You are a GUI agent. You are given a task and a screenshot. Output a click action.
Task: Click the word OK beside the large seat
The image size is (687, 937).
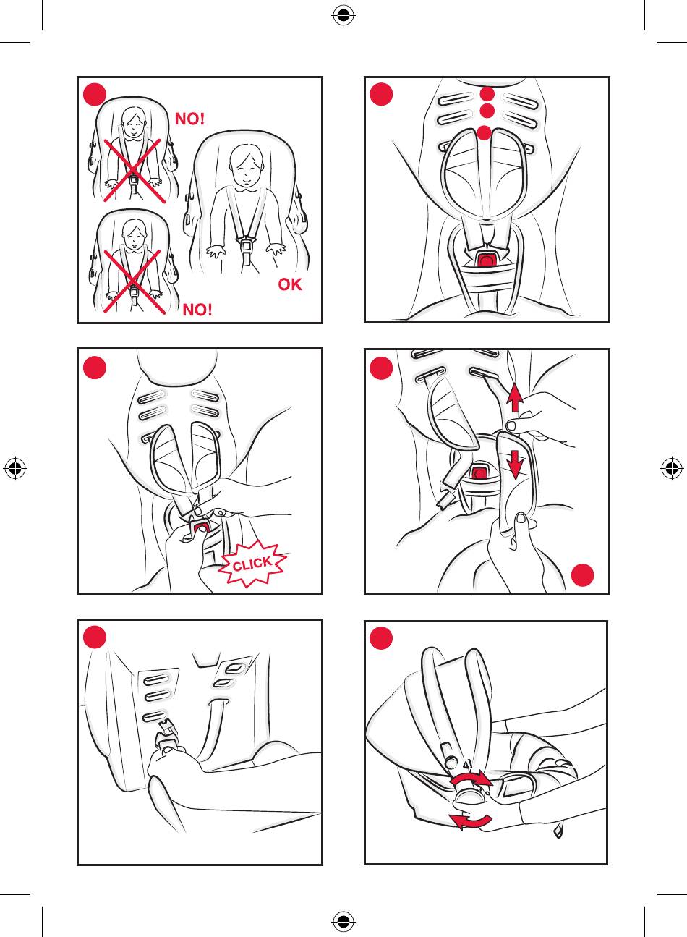click(290, 284)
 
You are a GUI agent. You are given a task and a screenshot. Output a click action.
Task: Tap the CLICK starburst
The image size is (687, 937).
click(253, 564)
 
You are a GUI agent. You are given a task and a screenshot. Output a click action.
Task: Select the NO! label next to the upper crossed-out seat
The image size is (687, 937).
click(190, 119)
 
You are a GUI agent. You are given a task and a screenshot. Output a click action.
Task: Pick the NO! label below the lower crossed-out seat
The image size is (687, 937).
click(197, 310)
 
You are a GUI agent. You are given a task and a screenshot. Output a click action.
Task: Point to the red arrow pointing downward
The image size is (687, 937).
click(515, 464)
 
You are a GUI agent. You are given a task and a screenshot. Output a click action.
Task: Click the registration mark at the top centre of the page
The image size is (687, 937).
click(343, 15)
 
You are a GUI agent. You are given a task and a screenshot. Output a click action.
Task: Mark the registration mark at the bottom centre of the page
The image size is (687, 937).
click(343, 920)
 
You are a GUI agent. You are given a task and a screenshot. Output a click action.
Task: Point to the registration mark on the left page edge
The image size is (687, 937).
click(15, 468)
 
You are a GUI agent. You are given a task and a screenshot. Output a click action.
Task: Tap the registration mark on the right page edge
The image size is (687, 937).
click(671, 468)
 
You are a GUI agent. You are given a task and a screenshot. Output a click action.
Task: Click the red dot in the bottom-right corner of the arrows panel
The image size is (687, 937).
click(582, 575)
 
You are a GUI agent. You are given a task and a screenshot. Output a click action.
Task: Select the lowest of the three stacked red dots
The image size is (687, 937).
click(485, 133)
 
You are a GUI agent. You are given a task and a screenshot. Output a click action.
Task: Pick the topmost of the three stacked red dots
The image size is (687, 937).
click(487, 94)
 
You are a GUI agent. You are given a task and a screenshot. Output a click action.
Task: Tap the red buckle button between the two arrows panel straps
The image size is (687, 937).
click(477, 472)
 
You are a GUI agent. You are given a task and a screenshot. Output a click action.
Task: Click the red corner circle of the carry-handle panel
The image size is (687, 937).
click(381, 638)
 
